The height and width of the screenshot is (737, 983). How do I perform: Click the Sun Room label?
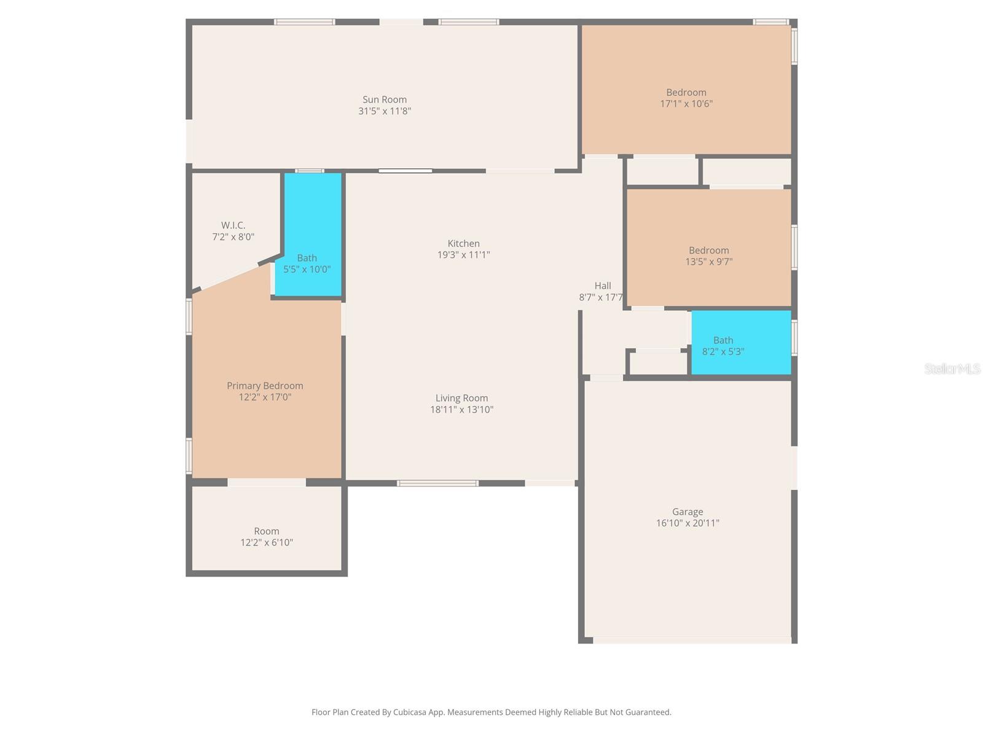click(x=385, y=99)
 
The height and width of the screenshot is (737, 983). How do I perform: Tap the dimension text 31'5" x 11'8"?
click(x=385, y=111)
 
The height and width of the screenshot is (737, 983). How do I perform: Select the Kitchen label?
click(x=463, y=244)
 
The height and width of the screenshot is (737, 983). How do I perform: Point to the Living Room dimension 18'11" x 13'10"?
click(x=461, y=410)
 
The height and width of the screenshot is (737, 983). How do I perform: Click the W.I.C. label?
click(x=233, y=225)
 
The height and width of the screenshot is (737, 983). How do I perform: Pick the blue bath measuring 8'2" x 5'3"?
click(x=740, y=342)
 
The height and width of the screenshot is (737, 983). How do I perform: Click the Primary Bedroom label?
click(x=265, y=386)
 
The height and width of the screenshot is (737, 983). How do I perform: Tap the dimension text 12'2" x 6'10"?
click(x=267, y=542)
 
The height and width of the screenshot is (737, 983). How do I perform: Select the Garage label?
click(x=687, y=512)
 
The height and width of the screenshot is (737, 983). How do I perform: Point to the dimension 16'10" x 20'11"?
click(x=687, y=523)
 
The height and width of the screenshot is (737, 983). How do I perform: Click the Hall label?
click(x=603, y=286)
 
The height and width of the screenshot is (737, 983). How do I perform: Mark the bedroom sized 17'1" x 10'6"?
click(x=686, y=89)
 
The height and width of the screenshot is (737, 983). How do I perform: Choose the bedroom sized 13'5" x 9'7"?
click(x=708, y=248)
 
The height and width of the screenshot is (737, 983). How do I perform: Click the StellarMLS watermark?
click(x=952, y=368)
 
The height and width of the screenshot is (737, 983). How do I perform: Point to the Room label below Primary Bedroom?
click(x=267, y=531)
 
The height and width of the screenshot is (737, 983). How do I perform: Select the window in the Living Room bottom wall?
click(x=437, y=483)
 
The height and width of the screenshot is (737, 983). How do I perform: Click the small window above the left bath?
click(x=310, y=171)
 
